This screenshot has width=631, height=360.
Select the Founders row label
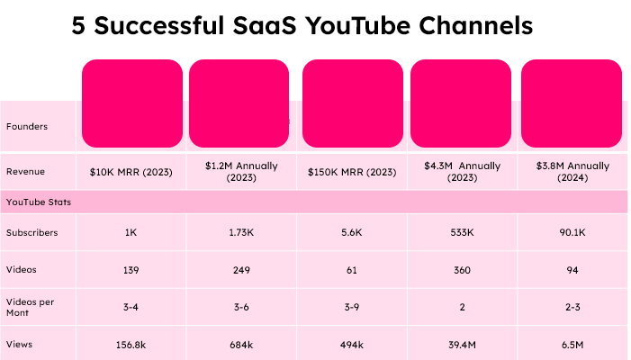tap(27, 126)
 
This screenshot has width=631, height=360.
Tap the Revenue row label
tap(26, 171)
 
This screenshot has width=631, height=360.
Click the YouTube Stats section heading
tap(39, 202)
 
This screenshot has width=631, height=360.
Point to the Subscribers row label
tap(32, 232)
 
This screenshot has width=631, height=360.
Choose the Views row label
tap(20, 343)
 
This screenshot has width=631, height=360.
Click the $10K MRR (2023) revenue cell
tap(131, 171)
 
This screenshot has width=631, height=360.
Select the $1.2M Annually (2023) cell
tap(241, 171)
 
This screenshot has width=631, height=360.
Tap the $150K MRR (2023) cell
tap(352, 171)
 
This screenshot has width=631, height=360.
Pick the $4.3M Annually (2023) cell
tap(462, 171)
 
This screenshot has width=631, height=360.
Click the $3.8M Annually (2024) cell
tap(572, 171)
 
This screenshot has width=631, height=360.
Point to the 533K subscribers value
tap(462, 232)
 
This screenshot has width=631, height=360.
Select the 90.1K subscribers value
tap(572, 232)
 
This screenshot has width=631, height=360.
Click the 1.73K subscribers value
tap(241, 232)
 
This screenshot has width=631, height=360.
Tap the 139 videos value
tap(131, 268)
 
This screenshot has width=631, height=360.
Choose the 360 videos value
tap(462, 268)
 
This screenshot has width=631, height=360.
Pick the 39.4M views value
tap(462, 343)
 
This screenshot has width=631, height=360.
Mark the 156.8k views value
tap(131, 343)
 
